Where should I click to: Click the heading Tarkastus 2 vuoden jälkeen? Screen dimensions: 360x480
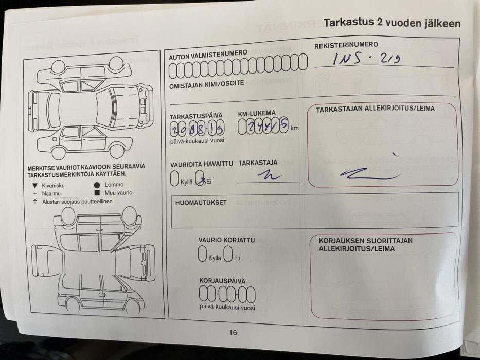click(392, 23)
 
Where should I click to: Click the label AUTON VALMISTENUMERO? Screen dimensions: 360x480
click(208, 55)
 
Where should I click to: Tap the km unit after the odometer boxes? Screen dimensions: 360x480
click(294, 128)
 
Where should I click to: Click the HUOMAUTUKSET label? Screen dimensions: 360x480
click(201, 203)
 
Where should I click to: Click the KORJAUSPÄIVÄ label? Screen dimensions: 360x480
click(222, 281)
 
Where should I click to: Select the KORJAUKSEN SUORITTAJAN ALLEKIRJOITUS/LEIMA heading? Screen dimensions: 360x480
click(365, 244)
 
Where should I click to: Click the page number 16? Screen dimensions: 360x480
click(233, 333)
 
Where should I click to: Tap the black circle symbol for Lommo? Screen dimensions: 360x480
click(97, 184)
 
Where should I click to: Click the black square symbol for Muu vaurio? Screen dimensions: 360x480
click(97, 193)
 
